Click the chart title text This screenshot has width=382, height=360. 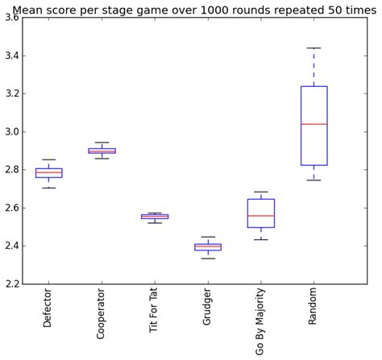pos(194,9)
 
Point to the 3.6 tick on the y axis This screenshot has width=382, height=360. pos(12,18)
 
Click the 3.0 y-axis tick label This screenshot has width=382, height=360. pos(12,132)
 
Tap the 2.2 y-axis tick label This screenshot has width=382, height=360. pos(12,284)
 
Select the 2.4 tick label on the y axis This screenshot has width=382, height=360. pos(12,246)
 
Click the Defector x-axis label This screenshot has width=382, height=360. pos(48,307)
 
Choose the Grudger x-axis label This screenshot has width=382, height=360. pos(208,308)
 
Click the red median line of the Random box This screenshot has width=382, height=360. pos(314,124)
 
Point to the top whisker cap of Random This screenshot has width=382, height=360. pos(314,48)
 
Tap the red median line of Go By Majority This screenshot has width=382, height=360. pos(261,216)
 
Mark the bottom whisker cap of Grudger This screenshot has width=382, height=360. pos(208,259)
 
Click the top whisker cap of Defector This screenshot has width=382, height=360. pos(48,159)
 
